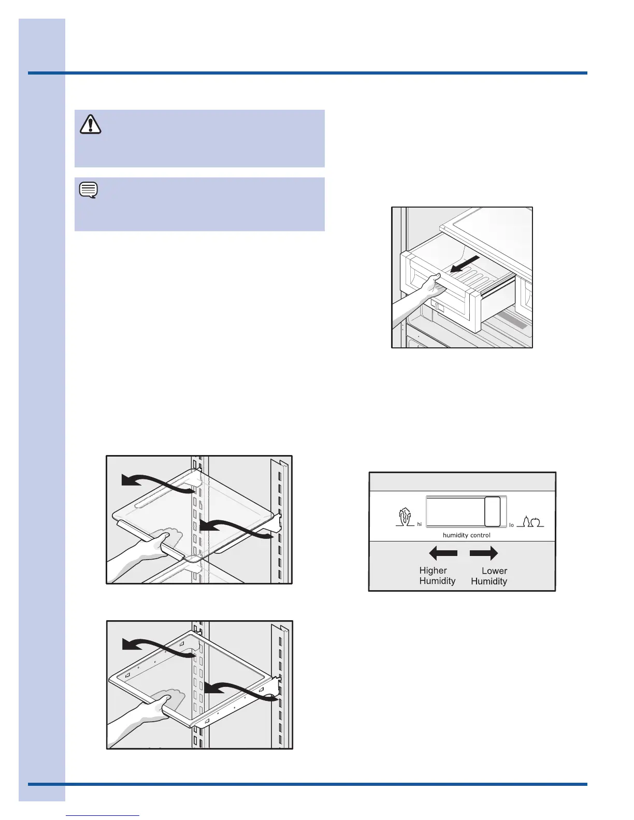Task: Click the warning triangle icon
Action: [91, 124]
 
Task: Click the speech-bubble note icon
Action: [89, 191]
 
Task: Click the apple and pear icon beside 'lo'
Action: [530, 521]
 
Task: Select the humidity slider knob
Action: [492, 511]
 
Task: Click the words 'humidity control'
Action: [466, 535]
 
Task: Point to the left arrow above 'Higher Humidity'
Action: [443, 553]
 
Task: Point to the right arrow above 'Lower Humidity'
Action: [484, 553]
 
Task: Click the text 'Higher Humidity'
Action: [437, 576]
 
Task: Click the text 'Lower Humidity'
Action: [489, 576]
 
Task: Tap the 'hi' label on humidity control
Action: [420, 524]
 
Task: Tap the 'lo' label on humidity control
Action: [511, 525]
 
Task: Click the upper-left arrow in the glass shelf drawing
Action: [155, 482]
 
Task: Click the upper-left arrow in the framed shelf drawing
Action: [155, 647]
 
